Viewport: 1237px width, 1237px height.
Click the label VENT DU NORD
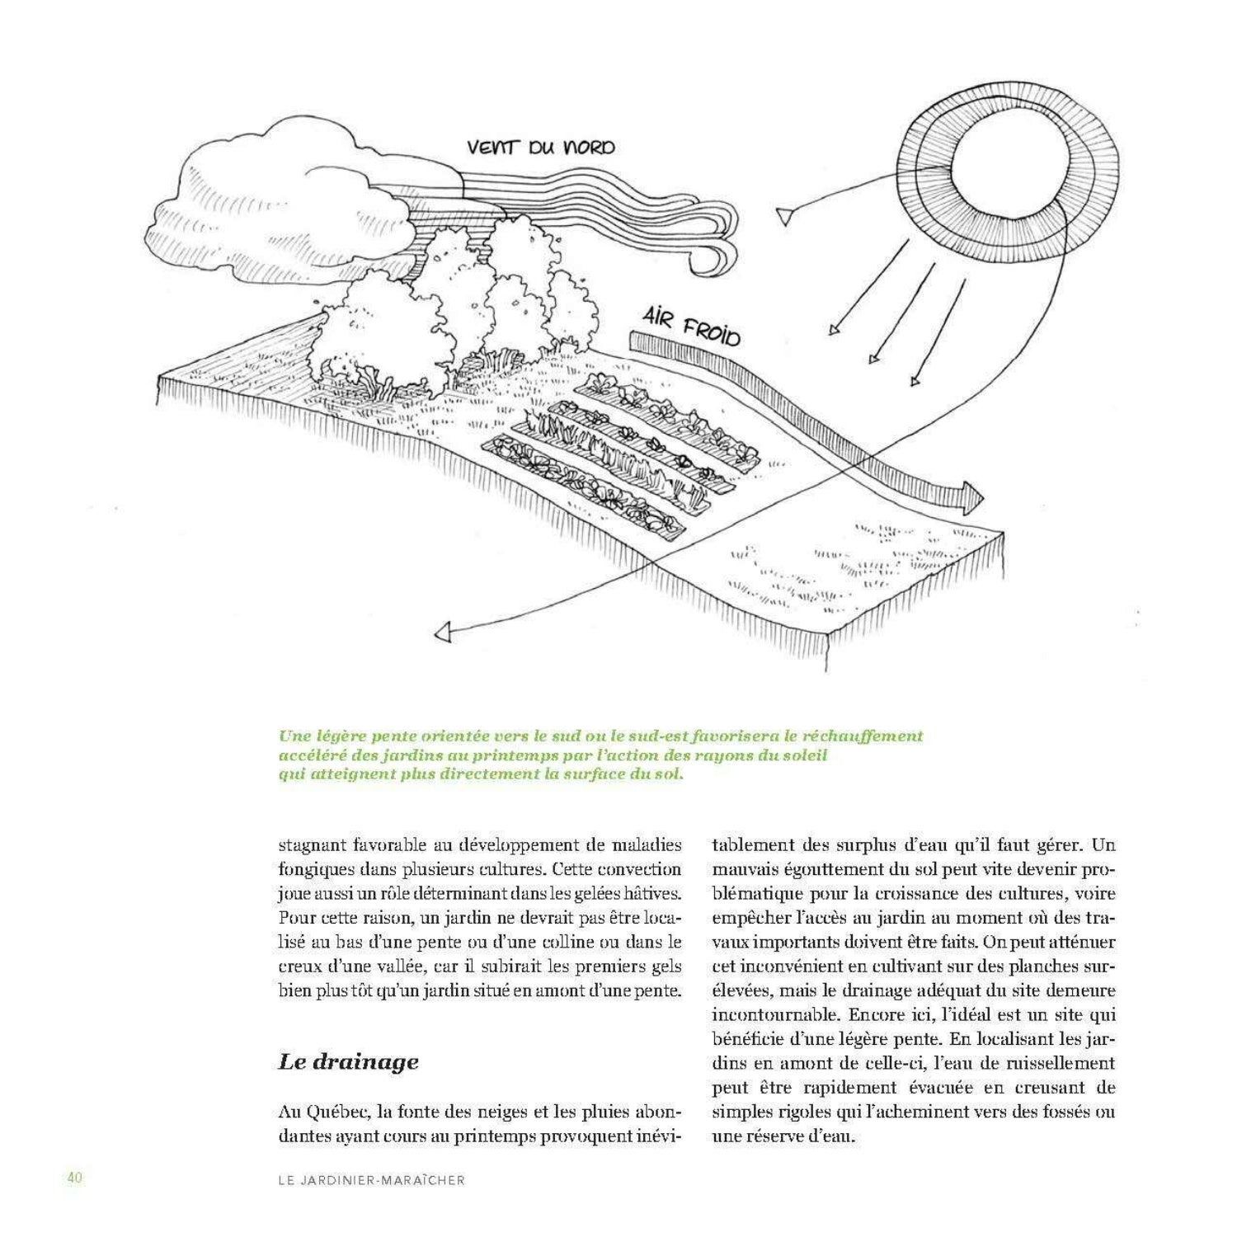pos(540,148)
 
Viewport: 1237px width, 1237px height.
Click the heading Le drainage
pos(348,1061)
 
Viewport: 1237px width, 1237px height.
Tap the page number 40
pos(75,1178)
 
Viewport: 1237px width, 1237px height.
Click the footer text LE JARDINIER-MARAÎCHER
pos(371,1180)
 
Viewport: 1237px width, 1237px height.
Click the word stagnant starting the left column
pos(311,845)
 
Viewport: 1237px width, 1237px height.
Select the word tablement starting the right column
pos(752,845)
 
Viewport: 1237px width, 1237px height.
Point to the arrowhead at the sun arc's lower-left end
pos(444,633)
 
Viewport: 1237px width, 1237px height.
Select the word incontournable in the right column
pos(774,1014)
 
